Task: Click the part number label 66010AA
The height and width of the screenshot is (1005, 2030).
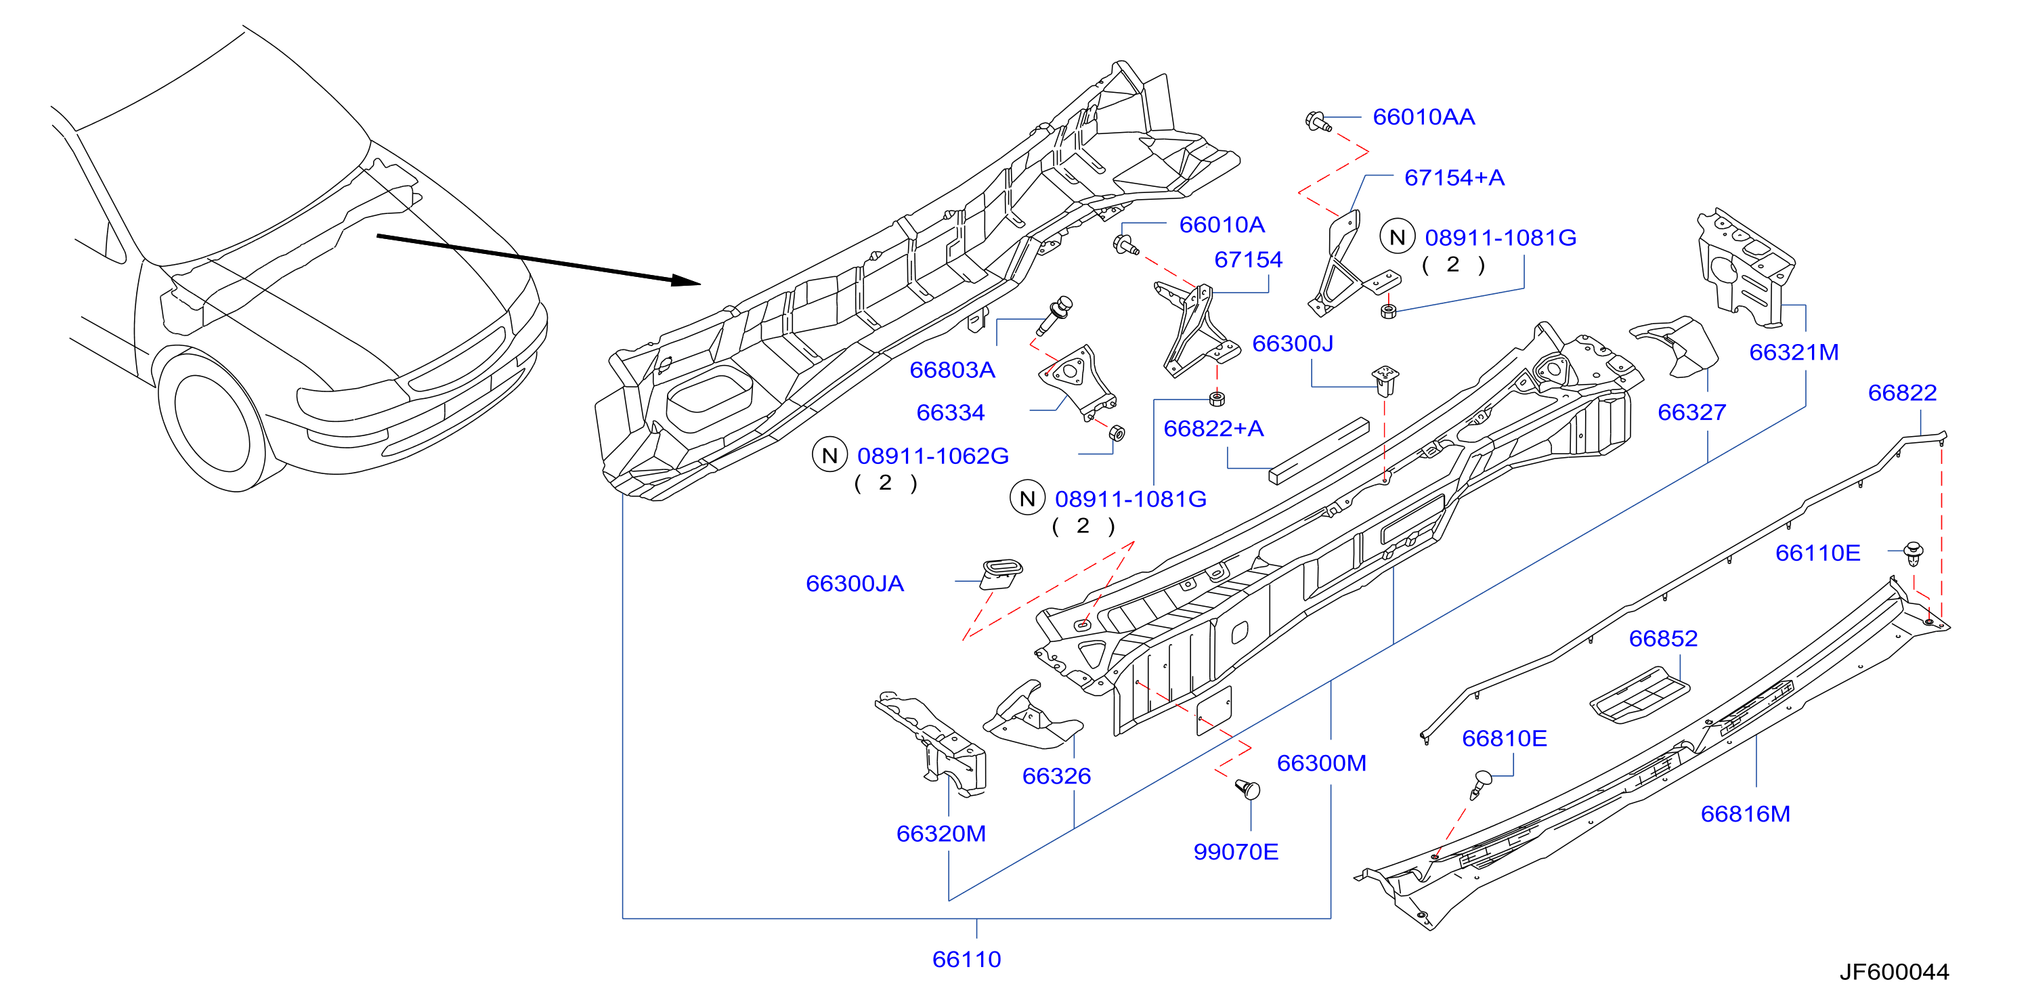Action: point(1423,116)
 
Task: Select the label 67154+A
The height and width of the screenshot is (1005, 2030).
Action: point(1454,177)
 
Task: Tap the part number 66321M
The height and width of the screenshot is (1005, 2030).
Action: point(1794,352)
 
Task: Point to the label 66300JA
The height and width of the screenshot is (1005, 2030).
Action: point(855,583)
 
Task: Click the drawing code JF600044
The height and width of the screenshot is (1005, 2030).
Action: point(1894,972)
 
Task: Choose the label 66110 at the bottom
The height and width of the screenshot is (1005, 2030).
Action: point(966,959)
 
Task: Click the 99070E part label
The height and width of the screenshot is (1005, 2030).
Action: point(1235,851)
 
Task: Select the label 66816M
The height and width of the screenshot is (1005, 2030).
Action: point(1745,813)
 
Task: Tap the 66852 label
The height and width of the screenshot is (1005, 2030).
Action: point(1663,639)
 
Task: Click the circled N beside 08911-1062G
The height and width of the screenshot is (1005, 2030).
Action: point(829,456)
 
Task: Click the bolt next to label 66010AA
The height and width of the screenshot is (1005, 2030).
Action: point(1318,121)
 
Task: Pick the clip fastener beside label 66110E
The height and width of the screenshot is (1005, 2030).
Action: point(1914,553)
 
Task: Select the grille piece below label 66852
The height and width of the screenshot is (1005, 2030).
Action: point(1639,696)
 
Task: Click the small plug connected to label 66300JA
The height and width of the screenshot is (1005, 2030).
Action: point(1000,574)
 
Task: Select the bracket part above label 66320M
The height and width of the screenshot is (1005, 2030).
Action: point(932,741)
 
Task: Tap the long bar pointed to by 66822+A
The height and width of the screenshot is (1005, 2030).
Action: point(1318,451)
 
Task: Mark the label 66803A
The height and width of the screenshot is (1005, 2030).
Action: point(952,370)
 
